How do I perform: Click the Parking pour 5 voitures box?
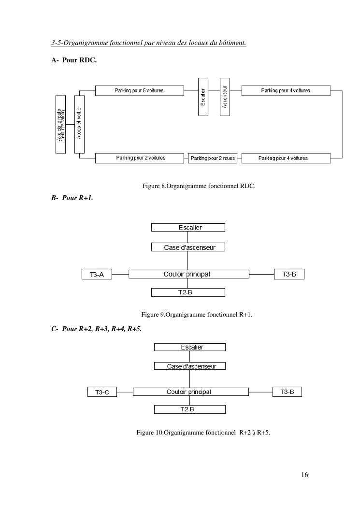[x=139, y=91]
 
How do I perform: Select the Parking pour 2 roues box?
[x=213, y=159]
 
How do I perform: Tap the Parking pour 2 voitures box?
[x=140, y=158]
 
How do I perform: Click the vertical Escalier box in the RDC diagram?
[x=203, y=97]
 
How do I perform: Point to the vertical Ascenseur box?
[x=224, y=97]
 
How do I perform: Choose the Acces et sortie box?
[x=79, y=124]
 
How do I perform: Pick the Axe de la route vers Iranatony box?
[x=60, y=124]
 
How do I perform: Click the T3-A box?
[x=97, y=275]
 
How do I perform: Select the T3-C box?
[x=102, y=392]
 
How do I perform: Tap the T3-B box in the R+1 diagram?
[x=289, y=274]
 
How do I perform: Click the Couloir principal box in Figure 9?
[x=188, y=274]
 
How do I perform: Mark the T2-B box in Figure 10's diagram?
[x=189, y=409]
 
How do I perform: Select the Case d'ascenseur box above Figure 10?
[x=189, y=366]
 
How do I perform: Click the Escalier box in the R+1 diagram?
[x=188, y=227]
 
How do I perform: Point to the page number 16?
[x=304, y=475]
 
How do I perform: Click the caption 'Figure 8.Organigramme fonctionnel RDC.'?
[x=199, y=186]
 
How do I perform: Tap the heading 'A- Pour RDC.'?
[x=74, y=60]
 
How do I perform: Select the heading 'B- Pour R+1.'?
[x=72, y=198]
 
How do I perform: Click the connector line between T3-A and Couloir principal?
[x=120, y=275]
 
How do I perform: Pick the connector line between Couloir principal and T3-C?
[x=125, y=392]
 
